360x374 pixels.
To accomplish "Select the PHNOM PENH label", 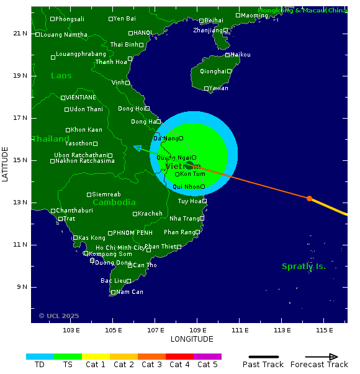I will pyautogui.click(x=133, y=233).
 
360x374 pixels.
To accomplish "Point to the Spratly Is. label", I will pyautogui.click(x=304, y=267).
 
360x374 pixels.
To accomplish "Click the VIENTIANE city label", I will pyautogui.click(x=81, y=98).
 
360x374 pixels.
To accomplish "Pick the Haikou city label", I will pyautogui.click(x=240, y=55).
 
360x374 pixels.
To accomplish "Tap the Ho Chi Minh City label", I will pyautogui.click(x=120, y=248).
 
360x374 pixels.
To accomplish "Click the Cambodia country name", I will pyautogui.click(x=114, y=203).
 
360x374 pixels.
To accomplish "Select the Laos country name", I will pyautogui.click(x=61, y=76).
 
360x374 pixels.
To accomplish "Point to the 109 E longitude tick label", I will pyautogui.click(x=197, y=330).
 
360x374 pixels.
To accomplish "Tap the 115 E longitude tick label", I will pyautogui.click(x=324, y=330).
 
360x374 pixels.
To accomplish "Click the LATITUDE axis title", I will pyautogui.click(x=6, y=164).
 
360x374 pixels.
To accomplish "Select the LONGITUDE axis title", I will pyautogui.click(x=192, y=339).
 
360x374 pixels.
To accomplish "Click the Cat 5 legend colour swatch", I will pyautogui.click(x=207, y=357).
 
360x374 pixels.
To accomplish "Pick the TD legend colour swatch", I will pyautogui.click(x=40, y=357).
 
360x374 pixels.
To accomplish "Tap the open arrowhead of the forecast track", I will pyautogui.click(x=137, y=148).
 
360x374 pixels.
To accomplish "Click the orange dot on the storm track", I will pyautogui.click(x=309, y=198).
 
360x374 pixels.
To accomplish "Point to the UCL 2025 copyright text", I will pyautogui.click(x=59, y=316).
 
